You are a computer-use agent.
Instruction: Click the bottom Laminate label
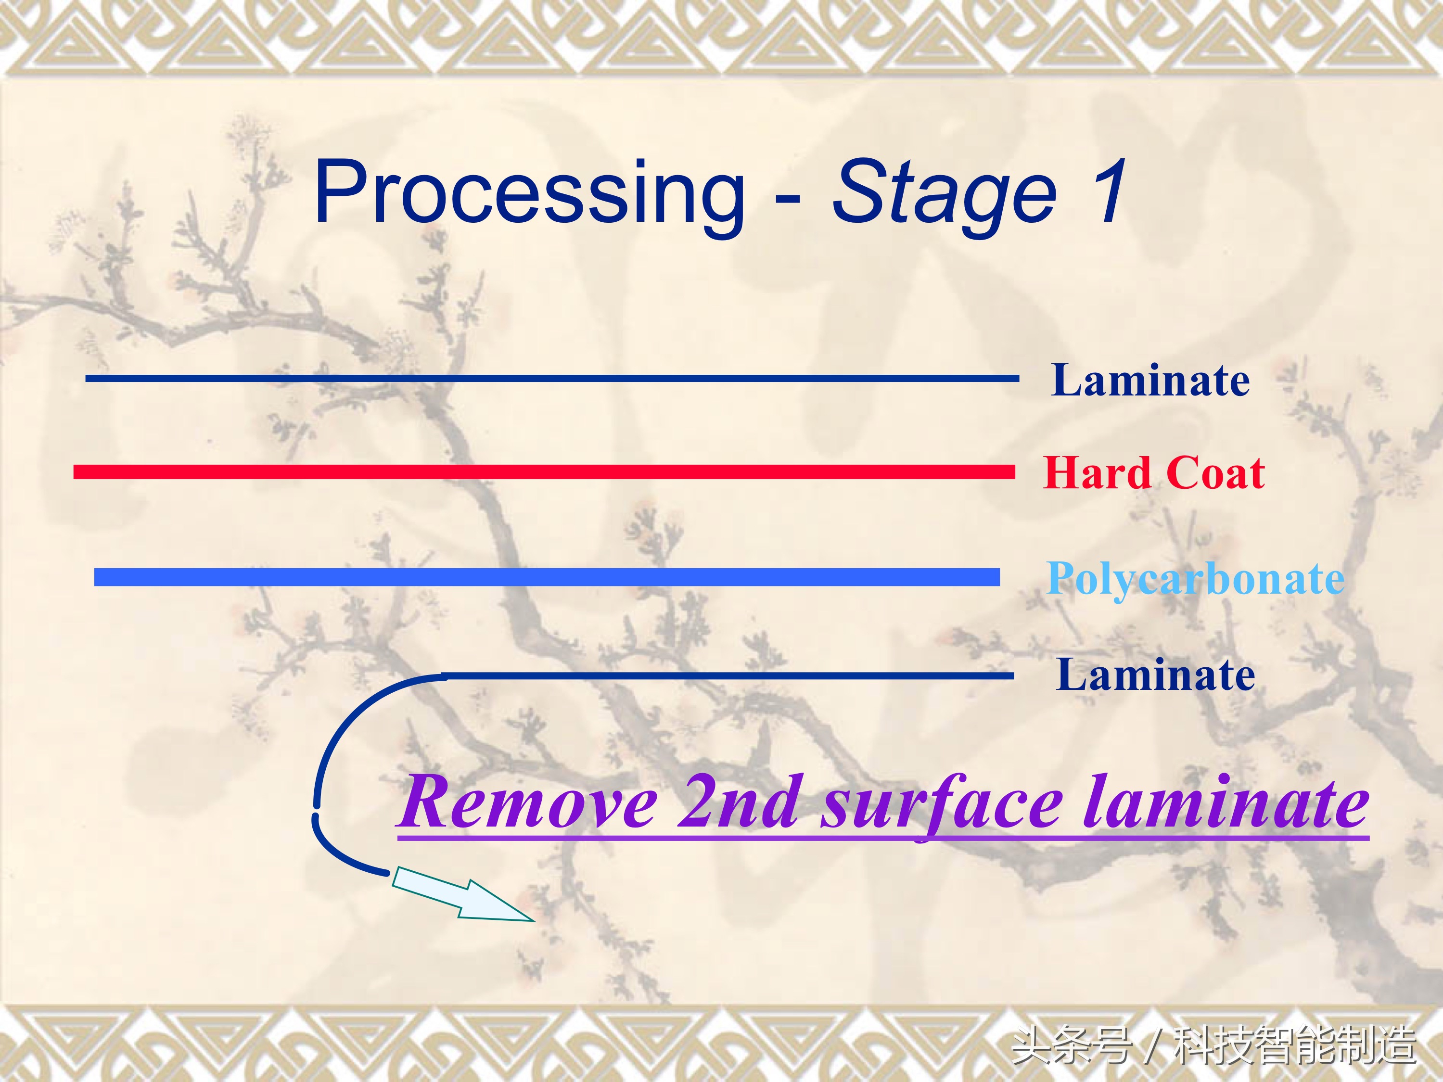pos(1155,675)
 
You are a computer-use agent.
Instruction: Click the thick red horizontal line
pos(544,471)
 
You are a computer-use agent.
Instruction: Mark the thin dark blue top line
pos(552,378)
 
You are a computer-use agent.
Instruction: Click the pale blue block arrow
pos(463,893)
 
